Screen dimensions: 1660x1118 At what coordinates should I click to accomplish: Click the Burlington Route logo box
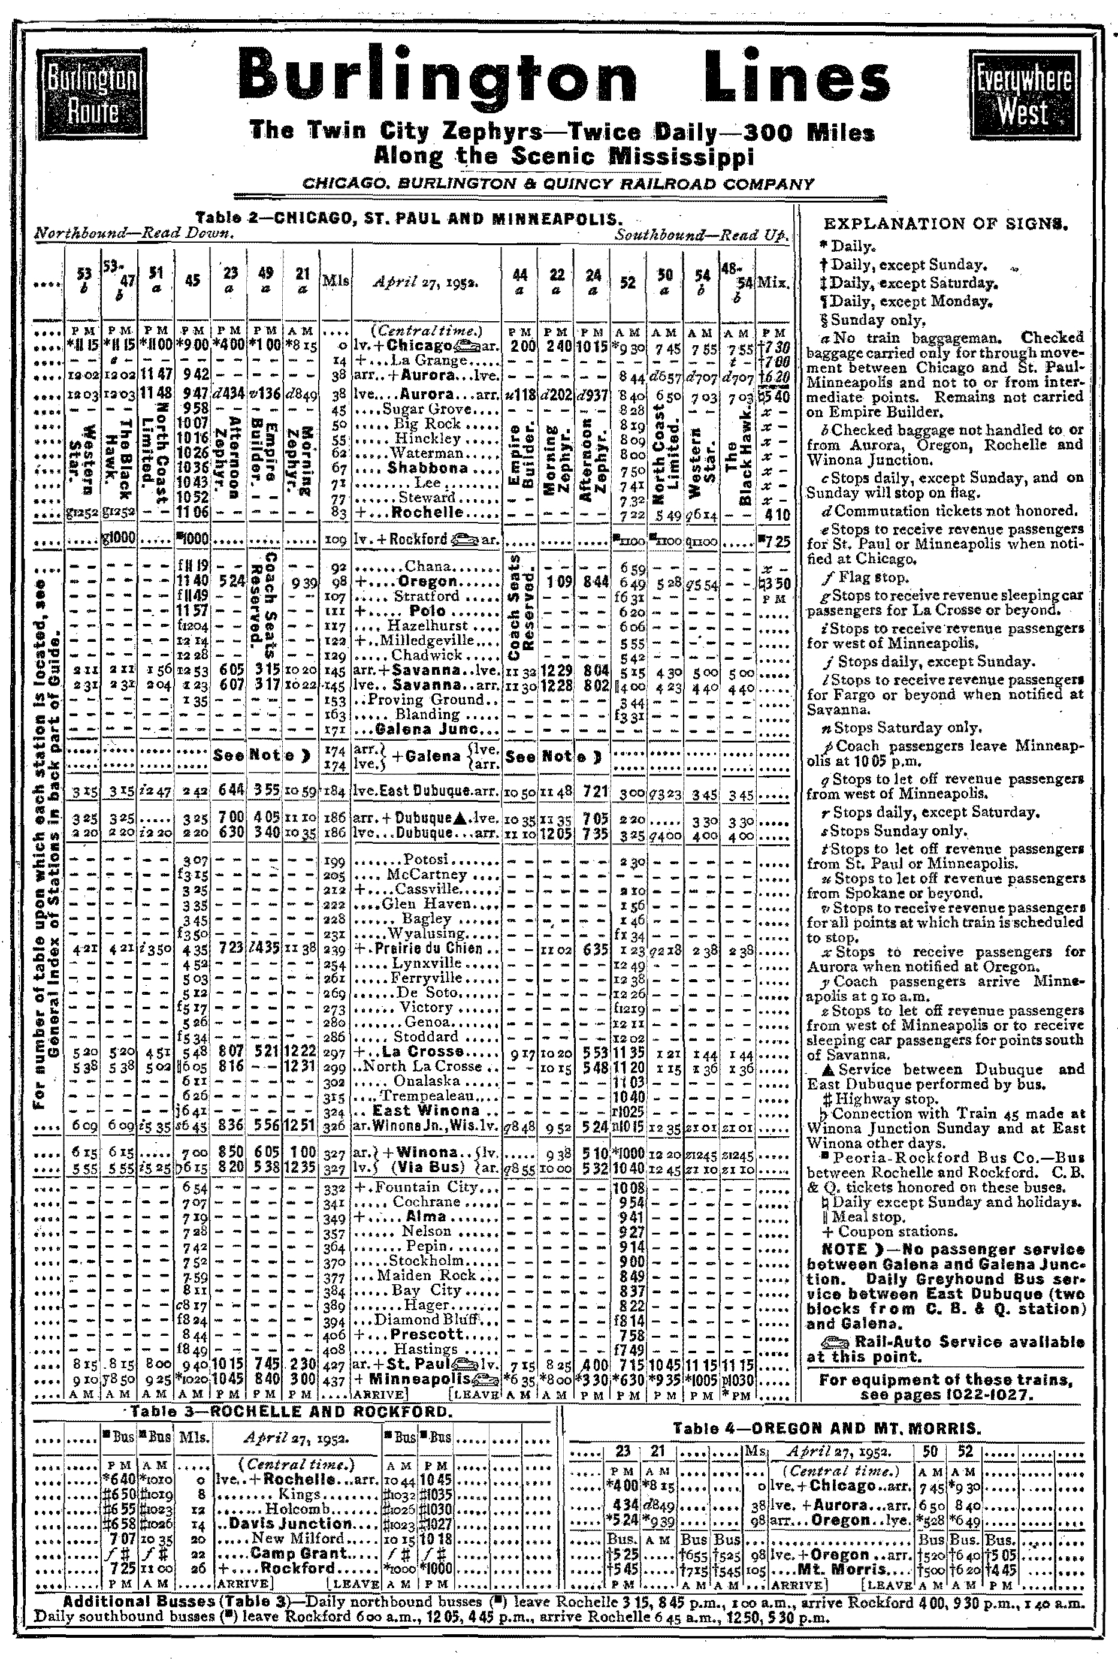tap(92, 94)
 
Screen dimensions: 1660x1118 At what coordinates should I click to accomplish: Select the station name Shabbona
tap(428, 468)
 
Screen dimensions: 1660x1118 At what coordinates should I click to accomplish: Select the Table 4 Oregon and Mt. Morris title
tap(827, 1427)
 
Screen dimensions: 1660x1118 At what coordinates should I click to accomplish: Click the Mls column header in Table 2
tap(335, 281)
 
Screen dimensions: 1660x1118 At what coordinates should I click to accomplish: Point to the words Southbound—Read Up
tap(702, 233)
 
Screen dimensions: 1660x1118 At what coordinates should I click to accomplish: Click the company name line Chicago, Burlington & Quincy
tap(558, 183)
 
